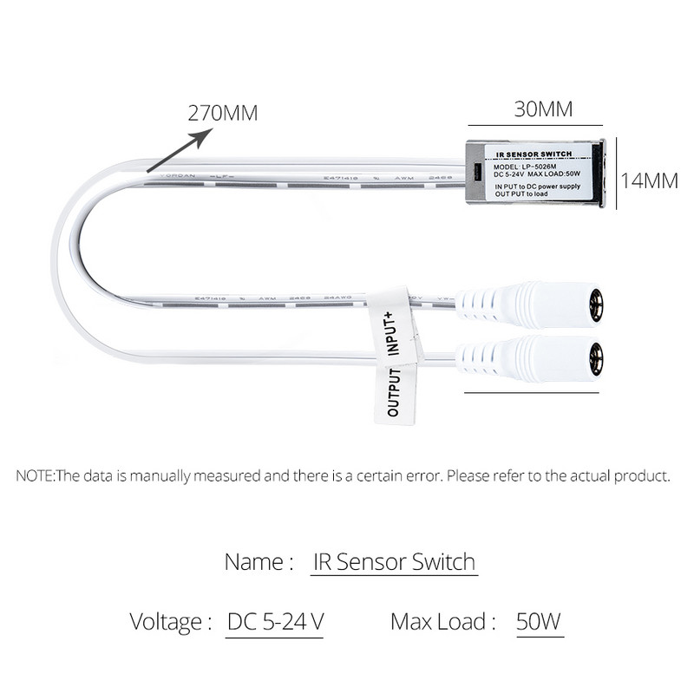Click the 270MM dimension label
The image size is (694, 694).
tap(223, 113)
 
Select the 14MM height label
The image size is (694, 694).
tap(649, 180)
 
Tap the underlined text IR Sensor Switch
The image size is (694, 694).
tap(393, 561)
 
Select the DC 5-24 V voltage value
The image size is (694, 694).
tap(276, 621)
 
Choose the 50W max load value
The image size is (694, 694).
tap(539, 621)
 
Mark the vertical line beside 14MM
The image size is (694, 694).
tap(616, 177)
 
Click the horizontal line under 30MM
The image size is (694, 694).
tap(543, 127)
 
